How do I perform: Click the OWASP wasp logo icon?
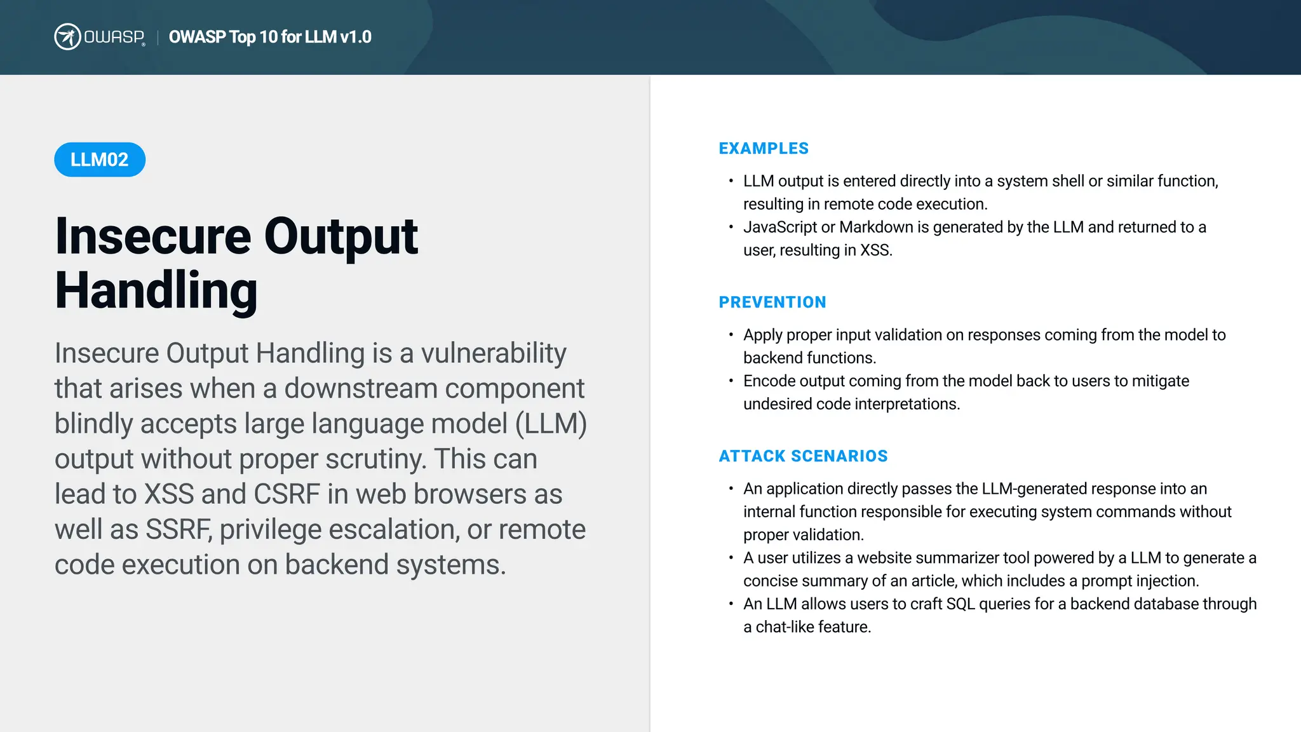(x=67, y=37)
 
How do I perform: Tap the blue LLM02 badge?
(x=100, y=159)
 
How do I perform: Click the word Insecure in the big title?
(x=153, y=236)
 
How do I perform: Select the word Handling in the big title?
(x=156, y=291)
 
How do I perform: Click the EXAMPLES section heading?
(x=764, y=149)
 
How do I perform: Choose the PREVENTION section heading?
(x=772, y=302)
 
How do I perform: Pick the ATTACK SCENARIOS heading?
(x=803, y=456)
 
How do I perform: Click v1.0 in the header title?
(x=356, y=37)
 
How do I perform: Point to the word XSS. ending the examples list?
(x=876, y=250)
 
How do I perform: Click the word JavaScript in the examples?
(x=780, y=227)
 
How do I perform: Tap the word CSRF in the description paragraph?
(x=286, y=494)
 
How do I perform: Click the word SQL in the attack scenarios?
(x=960, y=604)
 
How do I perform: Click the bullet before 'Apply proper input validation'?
(x=731, y=334)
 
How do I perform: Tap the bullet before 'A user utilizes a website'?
(x=731, y=557)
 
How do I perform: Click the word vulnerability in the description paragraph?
(x=494, y=353)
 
